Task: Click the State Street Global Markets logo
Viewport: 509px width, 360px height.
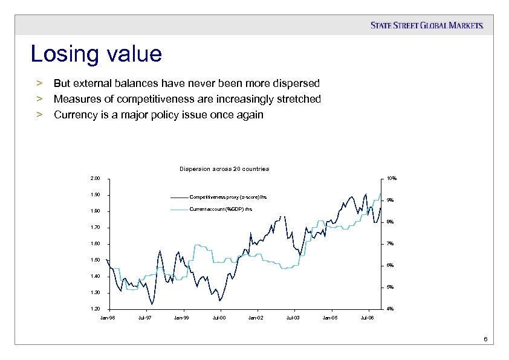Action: click(427, 25)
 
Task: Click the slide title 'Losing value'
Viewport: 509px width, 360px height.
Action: click(96, 54)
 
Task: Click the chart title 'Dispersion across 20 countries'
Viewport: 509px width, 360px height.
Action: click(224, 169)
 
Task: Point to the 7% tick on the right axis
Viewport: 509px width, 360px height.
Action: click(391, 244)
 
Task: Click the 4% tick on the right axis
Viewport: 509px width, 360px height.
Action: click(391, 309)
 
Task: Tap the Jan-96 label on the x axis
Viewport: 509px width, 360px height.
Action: click(108, 317)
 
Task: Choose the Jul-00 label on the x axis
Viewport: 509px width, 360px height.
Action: click(219, 317)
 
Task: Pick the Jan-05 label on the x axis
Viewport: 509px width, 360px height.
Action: click(330, 317)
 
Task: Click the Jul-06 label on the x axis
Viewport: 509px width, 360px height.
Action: click(367, 317)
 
